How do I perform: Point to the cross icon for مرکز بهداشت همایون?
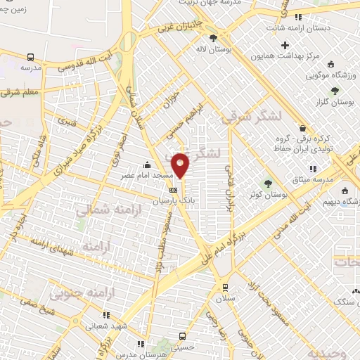click(285, 46)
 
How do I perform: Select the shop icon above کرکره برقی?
click(303, 129)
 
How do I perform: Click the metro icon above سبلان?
click(225, 287)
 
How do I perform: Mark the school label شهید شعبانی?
click(105, 326)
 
